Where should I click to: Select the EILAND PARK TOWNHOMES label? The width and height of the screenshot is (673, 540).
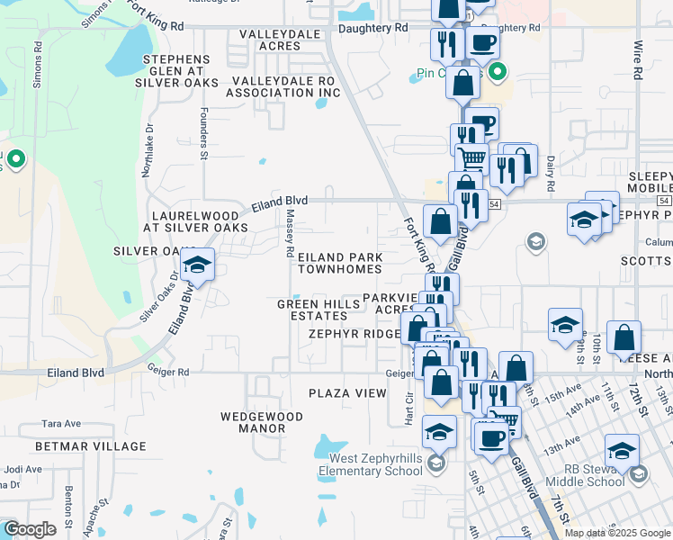340,263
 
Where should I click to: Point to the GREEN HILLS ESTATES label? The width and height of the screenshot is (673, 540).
312,310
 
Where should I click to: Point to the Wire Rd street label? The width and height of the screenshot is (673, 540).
637,57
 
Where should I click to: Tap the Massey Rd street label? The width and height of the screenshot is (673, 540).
290,230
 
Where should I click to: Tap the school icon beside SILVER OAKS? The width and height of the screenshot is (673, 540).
195,265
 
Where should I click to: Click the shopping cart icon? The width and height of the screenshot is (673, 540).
472,159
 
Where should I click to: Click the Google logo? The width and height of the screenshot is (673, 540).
30,529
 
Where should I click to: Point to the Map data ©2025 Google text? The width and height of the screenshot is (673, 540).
616,532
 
